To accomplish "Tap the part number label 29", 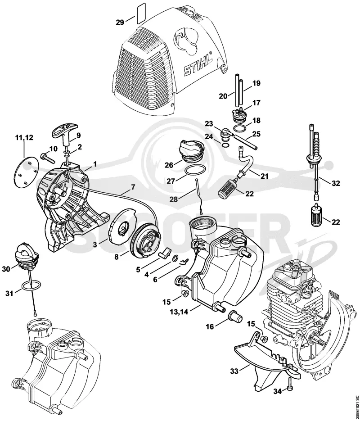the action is click(x=120, y=22).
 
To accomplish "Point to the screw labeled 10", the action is click(x=48, y=158).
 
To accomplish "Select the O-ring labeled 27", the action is click(x=196, y=170).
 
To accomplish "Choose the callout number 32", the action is click(x=336, y=183).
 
